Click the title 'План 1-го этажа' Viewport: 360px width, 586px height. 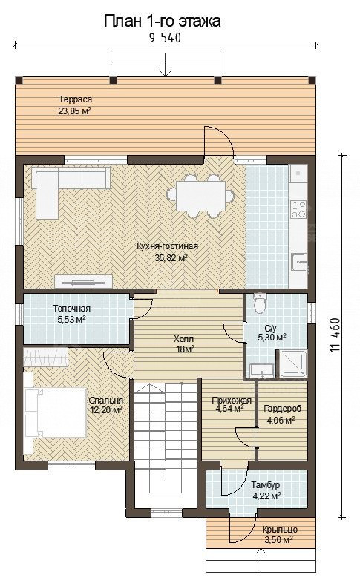162,22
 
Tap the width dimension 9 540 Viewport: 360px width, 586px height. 166,38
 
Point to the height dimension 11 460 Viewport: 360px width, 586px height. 335,335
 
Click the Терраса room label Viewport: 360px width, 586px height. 75,99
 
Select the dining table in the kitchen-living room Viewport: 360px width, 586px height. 200,195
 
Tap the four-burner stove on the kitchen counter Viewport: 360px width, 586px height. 298,210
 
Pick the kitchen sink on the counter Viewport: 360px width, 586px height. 299,262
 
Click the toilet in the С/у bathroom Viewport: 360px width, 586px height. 260,303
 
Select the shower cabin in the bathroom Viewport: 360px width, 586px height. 292,363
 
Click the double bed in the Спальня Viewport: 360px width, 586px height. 55,413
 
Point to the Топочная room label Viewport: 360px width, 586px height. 72,309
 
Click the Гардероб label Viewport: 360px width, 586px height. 282,409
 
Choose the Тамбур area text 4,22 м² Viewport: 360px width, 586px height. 267,496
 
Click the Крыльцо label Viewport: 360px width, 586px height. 279,530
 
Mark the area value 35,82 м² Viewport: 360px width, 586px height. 171,257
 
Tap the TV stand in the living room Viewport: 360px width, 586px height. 83,281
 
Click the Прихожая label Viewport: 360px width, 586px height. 232,401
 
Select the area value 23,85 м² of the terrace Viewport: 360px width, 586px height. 75,111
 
